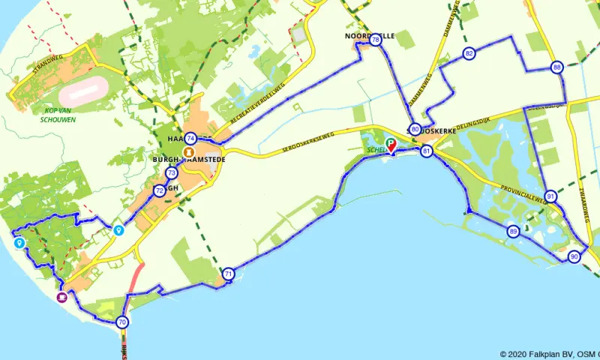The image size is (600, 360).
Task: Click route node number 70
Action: click(122, 322)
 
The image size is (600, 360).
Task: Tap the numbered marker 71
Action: click(228, 274)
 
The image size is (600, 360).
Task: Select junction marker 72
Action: click(159, 191)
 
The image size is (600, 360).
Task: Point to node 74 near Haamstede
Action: click(191, 138)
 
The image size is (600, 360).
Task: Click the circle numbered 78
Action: click(375, 40)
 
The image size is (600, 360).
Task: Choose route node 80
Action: click(415, 128)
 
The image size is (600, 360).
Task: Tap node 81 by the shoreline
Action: click(427, 151)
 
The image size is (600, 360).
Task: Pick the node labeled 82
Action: click(469, 53)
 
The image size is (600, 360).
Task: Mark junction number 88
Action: click(556, 67)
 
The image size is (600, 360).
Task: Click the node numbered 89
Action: click(512, 231)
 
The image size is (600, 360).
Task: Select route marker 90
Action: click(574, 256)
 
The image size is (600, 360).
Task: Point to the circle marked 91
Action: click(551, 196)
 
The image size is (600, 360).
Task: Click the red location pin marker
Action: click(391, 149)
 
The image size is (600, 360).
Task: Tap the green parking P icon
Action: click(389, 142)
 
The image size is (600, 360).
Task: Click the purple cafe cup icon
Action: click(61, 298)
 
